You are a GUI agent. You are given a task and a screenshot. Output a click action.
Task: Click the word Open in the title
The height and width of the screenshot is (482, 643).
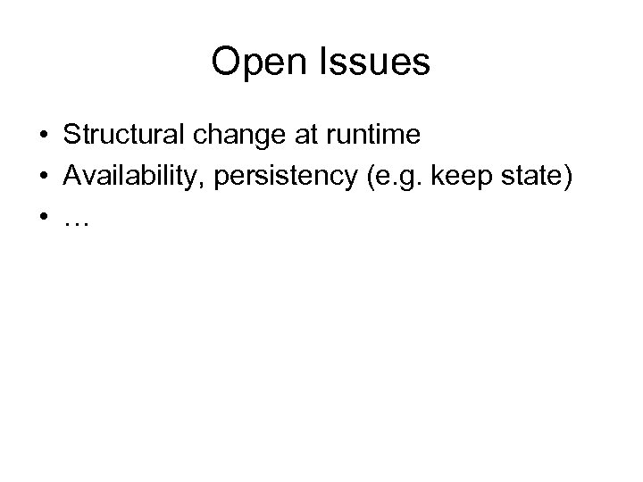[255, 63]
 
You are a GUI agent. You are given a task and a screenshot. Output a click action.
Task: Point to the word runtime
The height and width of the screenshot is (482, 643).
[372, 137]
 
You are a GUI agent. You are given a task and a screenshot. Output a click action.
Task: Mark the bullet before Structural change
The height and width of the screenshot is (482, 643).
[43, 137]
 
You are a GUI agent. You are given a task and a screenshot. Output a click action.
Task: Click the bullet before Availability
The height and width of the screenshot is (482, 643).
[43, 178]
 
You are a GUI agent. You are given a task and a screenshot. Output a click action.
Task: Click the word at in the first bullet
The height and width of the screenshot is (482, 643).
[303, 137]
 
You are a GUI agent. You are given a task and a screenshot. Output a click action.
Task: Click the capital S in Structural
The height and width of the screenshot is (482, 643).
[71, 136]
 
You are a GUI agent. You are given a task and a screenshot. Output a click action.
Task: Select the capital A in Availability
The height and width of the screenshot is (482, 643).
[71, 177]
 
